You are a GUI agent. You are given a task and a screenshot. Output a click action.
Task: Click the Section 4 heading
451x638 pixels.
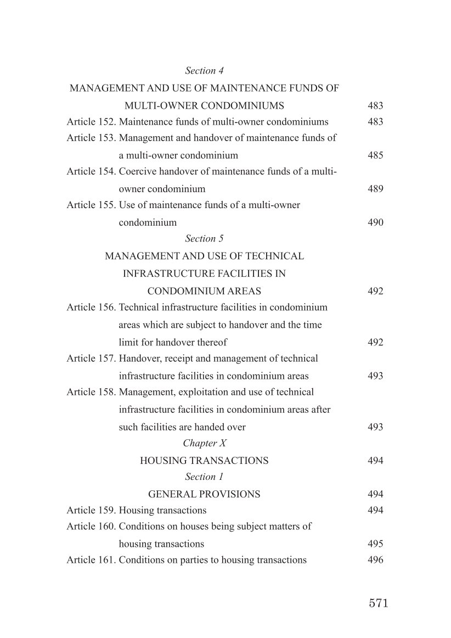(204, 71)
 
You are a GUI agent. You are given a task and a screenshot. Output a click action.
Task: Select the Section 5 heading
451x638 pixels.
(204, 239)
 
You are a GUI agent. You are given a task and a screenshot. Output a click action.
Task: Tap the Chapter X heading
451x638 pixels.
(204, 443)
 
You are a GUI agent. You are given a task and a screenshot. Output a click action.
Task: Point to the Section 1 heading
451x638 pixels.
(204, 477)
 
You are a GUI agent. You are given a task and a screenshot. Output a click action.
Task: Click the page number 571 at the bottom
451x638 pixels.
(378, 603)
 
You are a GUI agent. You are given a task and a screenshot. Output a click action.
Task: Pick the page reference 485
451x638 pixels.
(375, 155)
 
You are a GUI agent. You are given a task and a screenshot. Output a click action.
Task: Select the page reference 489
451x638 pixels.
(375, 189)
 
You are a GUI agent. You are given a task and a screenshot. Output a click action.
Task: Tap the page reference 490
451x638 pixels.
(375, 223)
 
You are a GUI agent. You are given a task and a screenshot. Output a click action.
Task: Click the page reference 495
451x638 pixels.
(375, 544)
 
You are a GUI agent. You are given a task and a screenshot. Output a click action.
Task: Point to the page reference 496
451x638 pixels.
(375, 561)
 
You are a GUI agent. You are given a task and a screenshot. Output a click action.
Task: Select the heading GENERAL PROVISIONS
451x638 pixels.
(204, 494)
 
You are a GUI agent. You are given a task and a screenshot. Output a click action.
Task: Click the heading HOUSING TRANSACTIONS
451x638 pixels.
(204, 461)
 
